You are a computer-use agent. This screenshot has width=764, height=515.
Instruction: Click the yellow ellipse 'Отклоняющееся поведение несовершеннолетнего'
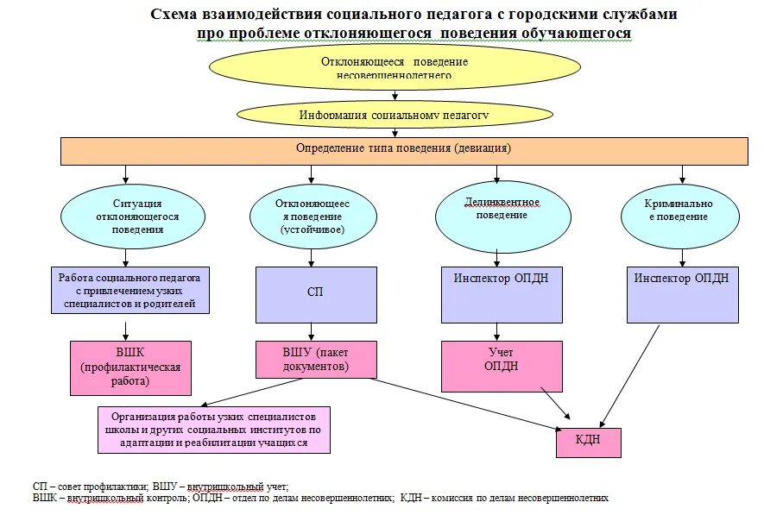[x=395, y=68]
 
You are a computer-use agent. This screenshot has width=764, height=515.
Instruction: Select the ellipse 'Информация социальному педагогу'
[x=395, y=114]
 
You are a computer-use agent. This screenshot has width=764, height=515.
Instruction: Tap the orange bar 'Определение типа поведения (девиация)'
[x=403, y=149]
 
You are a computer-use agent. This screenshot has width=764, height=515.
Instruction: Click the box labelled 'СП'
[x=316, y=294]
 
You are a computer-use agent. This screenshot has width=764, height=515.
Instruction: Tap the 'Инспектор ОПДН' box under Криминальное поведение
[x=682, y=294]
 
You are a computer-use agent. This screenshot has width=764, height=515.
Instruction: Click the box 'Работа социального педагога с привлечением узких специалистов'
[x=129, y=292]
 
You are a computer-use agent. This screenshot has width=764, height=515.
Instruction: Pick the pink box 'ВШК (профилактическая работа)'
[x=129, y=367]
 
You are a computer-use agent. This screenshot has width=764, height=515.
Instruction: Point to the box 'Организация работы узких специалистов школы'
[x=214, y=429]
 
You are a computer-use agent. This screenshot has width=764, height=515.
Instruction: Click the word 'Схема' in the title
[x=178, y=15]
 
